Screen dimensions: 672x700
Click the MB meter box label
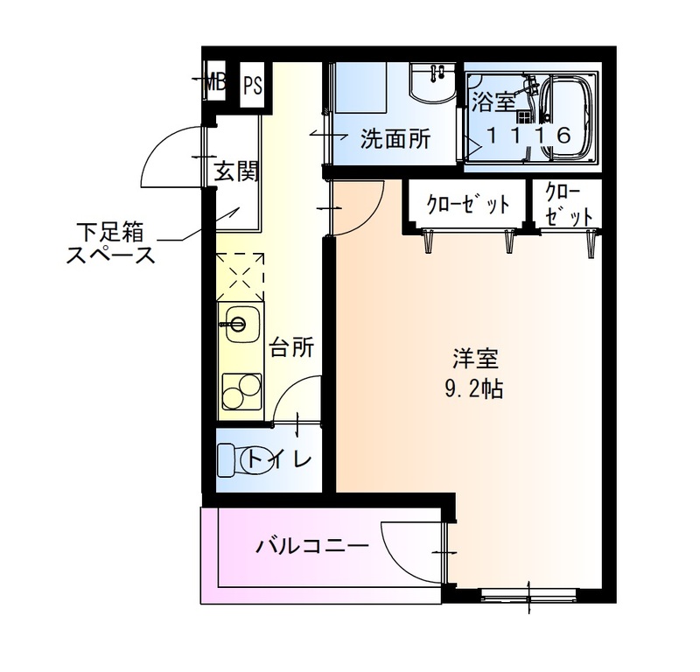tap(215, 84)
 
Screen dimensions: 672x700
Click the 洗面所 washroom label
tap(395, 138)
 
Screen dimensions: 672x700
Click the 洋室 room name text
tap(475, 359)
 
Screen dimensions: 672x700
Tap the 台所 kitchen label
tap(290, 347)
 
